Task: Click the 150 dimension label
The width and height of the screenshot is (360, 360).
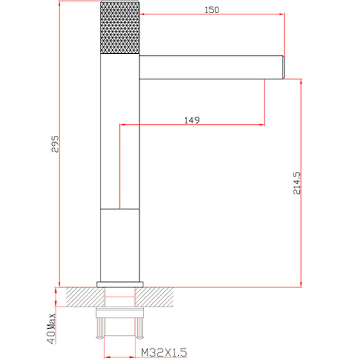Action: (212, 10)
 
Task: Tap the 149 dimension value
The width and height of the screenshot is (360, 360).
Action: (192, 120)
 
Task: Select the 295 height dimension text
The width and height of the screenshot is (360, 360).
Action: (55, 144)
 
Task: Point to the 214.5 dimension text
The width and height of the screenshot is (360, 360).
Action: (297, 184)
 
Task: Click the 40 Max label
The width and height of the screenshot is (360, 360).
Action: (51, 328)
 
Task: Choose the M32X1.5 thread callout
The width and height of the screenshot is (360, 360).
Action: (164, 353)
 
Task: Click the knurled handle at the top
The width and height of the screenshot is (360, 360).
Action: (120, 27)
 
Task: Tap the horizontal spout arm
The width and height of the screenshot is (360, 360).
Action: (211, 67)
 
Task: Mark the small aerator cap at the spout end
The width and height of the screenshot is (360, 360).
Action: (284, 67)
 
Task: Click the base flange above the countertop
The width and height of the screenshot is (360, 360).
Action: (120, 284)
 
